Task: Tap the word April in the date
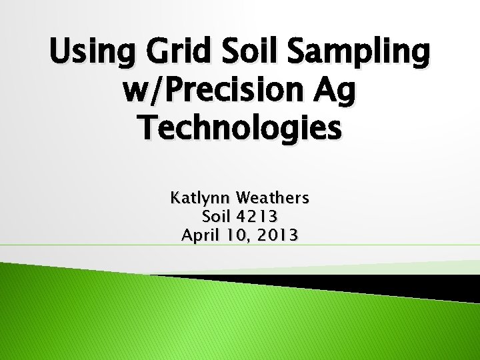coord(200,235)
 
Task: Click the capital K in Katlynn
coord(175,198)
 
